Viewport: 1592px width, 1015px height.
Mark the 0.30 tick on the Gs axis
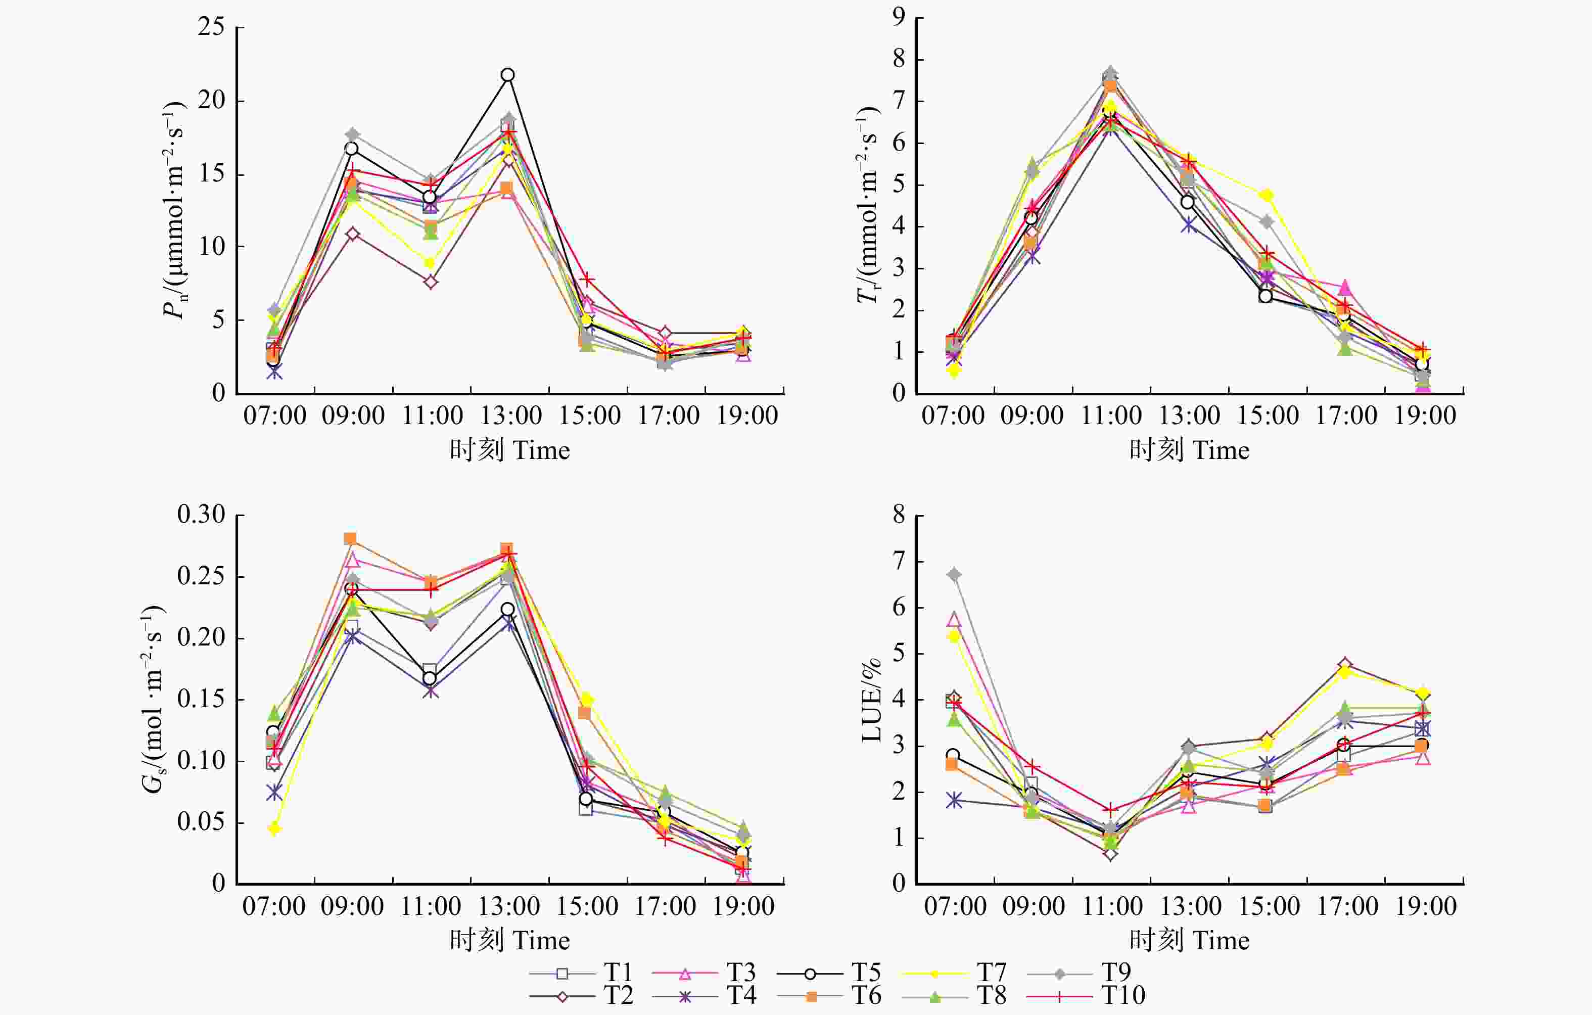pyautogui.click(x=201, y=515)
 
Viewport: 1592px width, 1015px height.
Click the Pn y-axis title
pyautogui.click(x=174, y=210)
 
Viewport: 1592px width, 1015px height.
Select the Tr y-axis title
pyautogui.click(x=868, y=205)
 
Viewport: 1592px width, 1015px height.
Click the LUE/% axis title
pyautogui.click(x=871, y=701)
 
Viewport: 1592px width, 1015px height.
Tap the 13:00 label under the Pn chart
pyautogui.click(x=510, y=416)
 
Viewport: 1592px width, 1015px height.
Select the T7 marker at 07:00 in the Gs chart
pyautogui.click(x=274, y=828)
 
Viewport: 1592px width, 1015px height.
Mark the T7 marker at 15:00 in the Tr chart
pyautogui.click(x=1266, y=195)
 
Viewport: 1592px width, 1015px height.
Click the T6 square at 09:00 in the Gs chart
pyautogui.click(x=350, y=538)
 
